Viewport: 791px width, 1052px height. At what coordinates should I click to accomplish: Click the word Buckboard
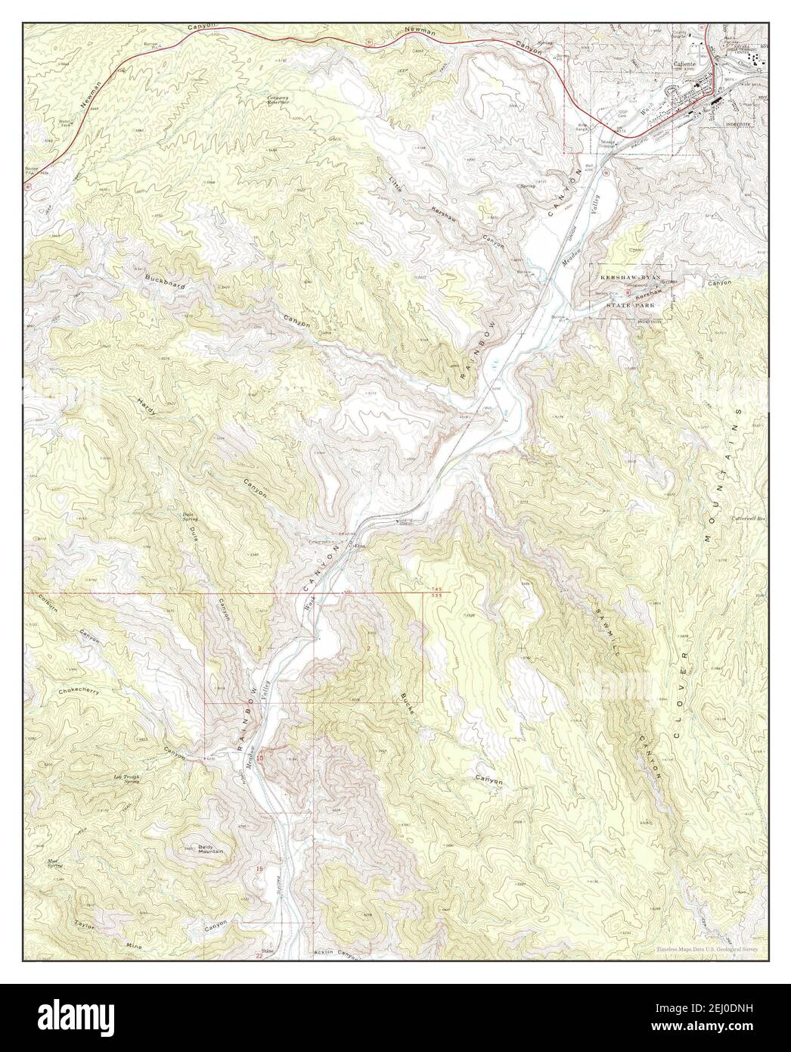[x=165, y=279]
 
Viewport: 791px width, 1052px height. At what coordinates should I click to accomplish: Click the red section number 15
[x=260, y=870]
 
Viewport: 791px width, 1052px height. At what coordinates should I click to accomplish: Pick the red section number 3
[x=259, y=649]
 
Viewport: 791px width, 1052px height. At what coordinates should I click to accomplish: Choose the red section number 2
[x=368, y=649]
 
